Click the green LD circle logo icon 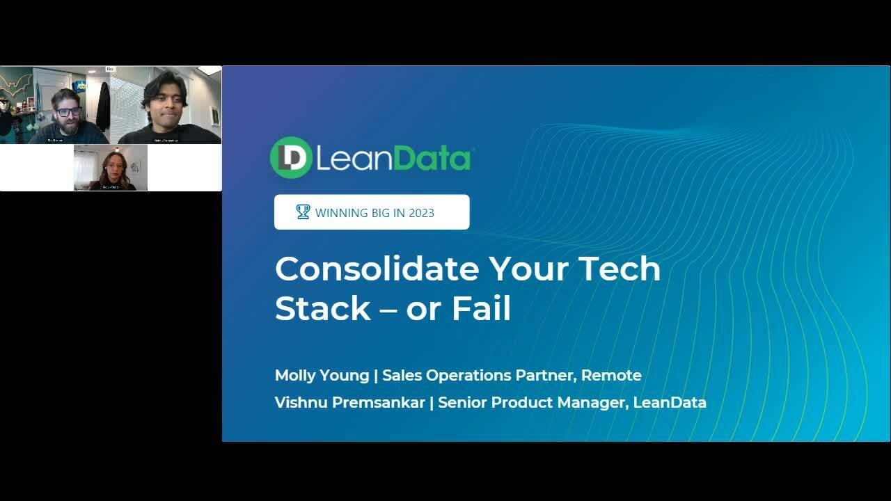point(291,157)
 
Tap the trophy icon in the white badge point(303,212)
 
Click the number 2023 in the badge point(420,213)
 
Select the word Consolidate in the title point(377,269)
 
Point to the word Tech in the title point(620,269)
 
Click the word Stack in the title point(322,308)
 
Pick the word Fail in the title point(481,308)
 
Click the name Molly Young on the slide point(322,375)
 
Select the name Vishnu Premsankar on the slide point(349,402)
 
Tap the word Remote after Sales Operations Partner point(611,375)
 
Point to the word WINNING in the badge point(341,213)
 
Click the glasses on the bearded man point(68,111)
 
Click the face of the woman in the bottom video point(111,165)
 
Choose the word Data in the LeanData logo point(432,159)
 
